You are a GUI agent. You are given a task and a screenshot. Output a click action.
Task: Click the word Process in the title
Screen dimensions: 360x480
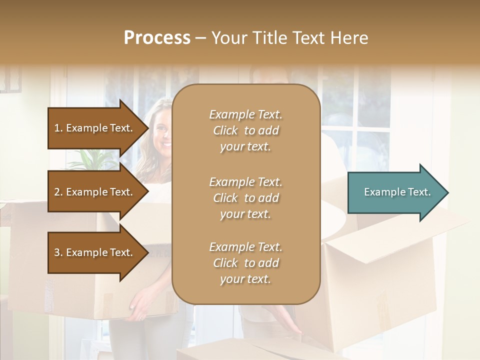pos(157,38)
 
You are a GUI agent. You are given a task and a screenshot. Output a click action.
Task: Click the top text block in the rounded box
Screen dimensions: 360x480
pos(245,130)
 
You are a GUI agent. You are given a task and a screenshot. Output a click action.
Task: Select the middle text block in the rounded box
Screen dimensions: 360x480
pos(245,198)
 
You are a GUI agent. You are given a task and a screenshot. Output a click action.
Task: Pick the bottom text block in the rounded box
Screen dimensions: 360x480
pos(245,263)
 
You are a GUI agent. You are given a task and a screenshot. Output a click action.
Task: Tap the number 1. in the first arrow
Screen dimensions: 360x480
pos(58,128)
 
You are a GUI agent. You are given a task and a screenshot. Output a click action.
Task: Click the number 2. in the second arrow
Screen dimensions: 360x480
pos(58,192)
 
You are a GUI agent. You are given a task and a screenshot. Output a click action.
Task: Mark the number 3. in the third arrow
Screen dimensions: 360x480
pos(58,252)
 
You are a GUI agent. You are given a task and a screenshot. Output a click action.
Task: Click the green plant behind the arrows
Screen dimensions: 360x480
pos(92,160)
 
